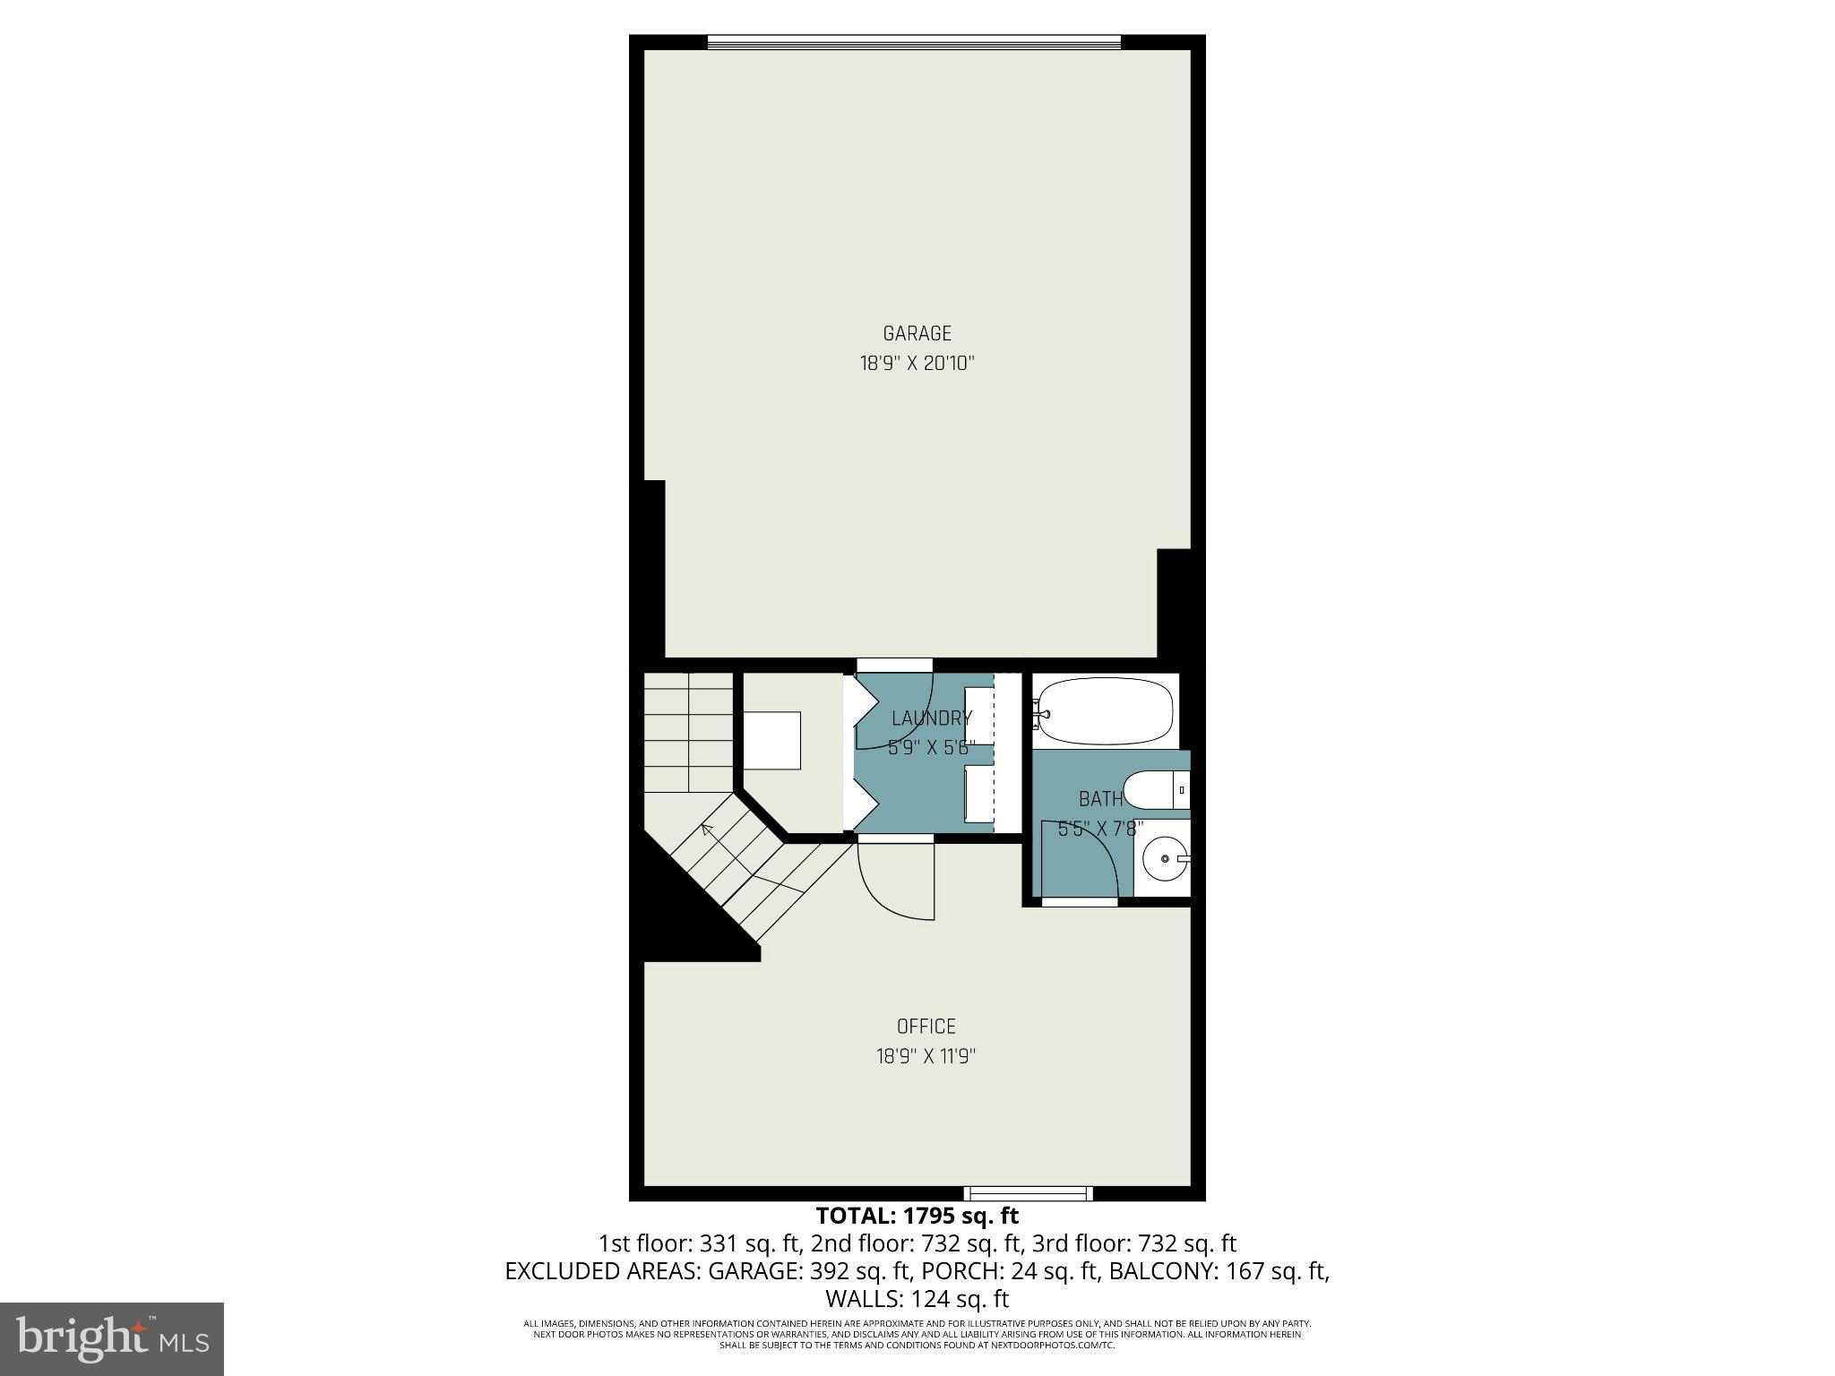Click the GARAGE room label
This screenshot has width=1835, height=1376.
pyautogui.click(x=917, y=333)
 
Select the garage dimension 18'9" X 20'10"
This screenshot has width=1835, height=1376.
pyautogui.click(x=917, y=364)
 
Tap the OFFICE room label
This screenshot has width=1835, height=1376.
pyautogui.click(x=926, y=1026)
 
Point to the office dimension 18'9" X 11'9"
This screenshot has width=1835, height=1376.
pyautogui.click(x=926, y=1056)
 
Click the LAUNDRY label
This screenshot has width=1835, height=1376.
pyautogui.click(x=931, y=718)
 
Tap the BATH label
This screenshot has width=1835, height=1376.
pyautogui.click(x=1100, y=798)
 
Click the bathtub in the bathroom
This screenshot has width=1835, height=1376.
pyautogui.click(x=1105, y=711)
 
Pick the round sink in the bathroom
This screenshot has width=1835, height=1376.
pyautogui.click(x=1164, y=858)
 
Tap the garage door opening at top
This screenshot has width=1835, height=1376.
pyautogui.click(x=914, y=42)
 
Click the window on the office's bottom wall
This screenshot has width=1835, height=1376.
pyautogui.click(x=1028, y=1192)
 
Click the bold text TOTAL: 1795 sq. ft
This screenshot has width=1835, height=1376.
pyautogui.click(x=917, y=1216)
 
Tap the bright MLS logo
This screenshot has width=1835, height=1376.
pyautogui.click(x=112, y=1338)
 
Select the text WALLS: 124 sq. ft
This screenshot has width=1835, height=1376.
pyautogui.click(x=917, y=1298)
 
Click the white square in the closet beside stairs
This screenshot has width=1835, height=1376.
pyautogui.click(x=772, y=740)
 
